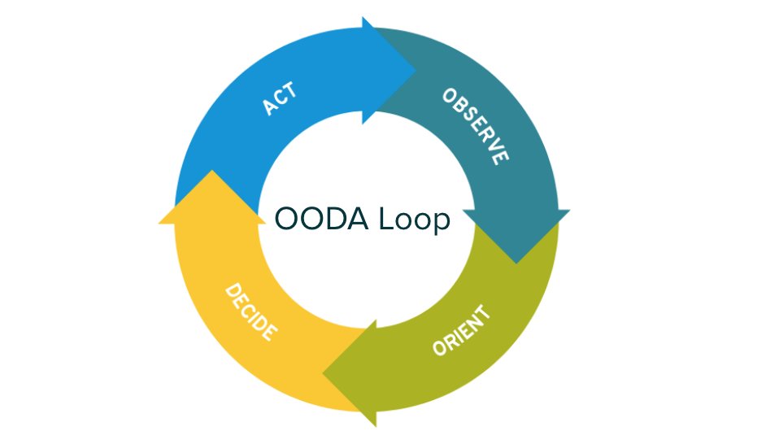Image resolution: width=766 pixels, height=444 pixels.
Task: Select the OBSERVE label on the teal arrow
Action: pyautogui.click(x=476, y=127)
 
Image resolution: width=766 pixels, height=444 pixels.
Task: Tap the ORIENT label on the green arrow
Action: pyautogui.click(x=462, y=331)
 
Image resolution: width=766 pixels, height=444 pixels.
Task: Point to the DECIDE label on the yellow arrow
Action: pyautogui.click(x=251, y=312)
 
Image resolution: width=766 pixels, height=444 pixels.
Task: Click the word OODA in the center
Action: pyautogui.click(x=321, y=218)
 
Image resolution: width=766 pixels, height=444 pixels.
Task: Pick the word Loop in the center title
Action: pyautogui.click(x=414, y=220)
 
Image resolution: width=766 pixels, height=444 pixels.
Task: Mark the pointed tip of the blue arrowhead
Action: pyautogui.click(x=416, y=71)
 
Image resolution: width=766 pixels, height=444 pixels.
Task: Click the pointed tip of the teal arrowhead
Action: pyautogui.click(x=516, y=263)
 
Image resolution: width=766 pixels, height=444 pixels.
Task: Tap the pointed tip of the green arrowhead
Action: pyautogui.click(x=324, y=374)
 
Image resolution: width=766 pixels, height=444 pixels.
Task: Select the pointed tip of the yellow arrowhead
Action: pyautogui.click(x=212, y=171)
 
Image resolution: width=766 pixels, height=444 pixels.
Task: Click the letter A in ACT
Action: pyautogui.click(x=269, y=107)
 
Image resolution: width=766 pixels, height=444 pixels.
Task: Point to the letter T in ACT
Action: pyautogui.click(x=290, y=91)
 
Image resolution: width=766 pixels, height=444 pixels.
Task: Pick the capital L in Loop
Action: pyautogui.click(x=386, y=218)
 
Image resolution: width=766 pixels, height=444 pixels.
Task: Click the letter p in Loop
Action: pyautogui.click(x=441, y=224)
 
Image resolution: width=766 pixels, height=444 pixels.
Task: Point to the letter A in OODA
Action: pyautogui.click(x=357, y=218)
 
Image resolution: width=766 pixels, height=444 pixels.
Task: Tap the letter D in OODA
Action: pyautogui.click(x=334, y=218)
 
